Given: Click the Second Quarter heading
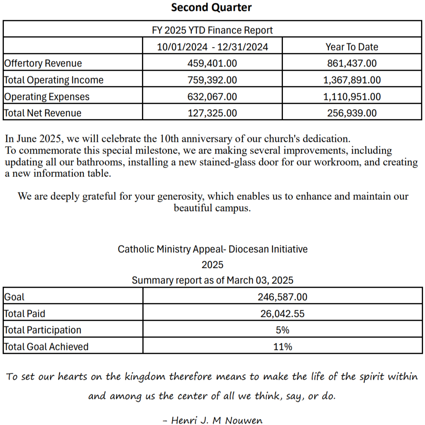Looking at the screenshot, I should (211, 7).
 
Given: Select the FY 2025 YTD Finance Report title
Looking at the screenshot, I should (212, 30).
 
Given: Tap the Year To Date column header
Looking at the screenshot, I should (352, 47).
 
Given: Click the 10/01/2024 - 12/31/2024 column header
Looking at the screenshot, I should (212, 47).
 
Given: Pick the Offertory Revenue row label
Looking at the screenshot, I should (43, 63).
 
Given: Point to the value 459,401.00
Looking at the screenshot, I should (212, 63).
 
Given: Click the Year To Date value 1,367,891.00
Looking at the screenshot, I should (352, 80).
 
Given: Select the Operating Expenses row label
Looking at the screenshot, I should (47, 97).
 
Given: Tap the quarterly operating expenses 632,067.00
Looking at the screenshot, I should (212, 97).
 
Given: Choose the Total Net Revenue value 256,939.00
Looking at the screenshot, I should (352, 113).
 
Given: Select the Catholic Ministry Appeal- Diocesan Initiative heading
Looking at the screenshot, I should (212, 249).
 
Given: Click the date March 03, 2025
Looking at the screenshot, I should (260, 280).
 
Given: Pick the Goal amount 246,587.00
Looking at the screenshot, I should (282, 297).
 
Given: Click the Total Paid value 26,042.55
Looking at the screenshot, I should (282, 314).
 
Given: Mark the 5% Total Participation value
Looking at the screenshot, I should (282, 330).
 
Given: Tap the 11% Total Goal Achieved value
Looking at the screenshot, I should (282, 347).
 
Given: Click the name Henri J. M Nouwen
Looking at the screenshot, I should (217, 420).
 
